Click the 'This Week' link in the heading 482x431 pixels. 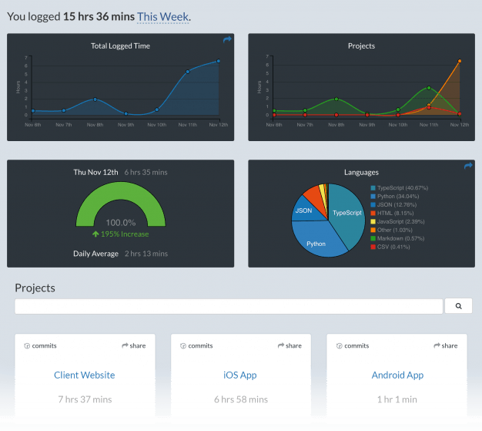(x=162, y=16)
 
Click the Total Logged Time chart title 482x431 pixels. (x=120, y=45)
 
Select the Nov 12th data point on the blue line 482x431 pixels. (x=219, y=61)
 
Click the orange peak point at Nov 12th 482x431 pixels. (x=460, y=61)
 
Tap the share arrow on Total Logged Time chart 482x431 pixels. (x=227, y=39)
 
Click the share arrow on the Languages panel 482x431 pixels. (x=468, y=166)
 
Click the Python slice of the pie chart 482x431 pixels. (x=316, y=242)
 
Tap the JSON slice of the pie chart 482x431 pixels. (x=304, y=210)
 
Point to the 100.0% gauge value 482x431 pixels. (x=120, y=222)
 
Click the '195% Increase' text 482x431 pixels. (x=120, y=234)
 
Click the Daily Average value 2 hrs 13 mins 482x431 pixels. (x=146, y=254)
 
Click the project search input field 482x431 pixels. (x=229, y=306)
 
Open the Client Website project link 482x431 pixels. (x=85, y=375)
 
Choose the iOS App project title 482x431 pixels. (x=240, y=375)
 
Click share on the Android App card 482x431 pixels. (x=445, y=345)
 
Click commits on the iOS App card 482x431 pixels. (x=196, y=345)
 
